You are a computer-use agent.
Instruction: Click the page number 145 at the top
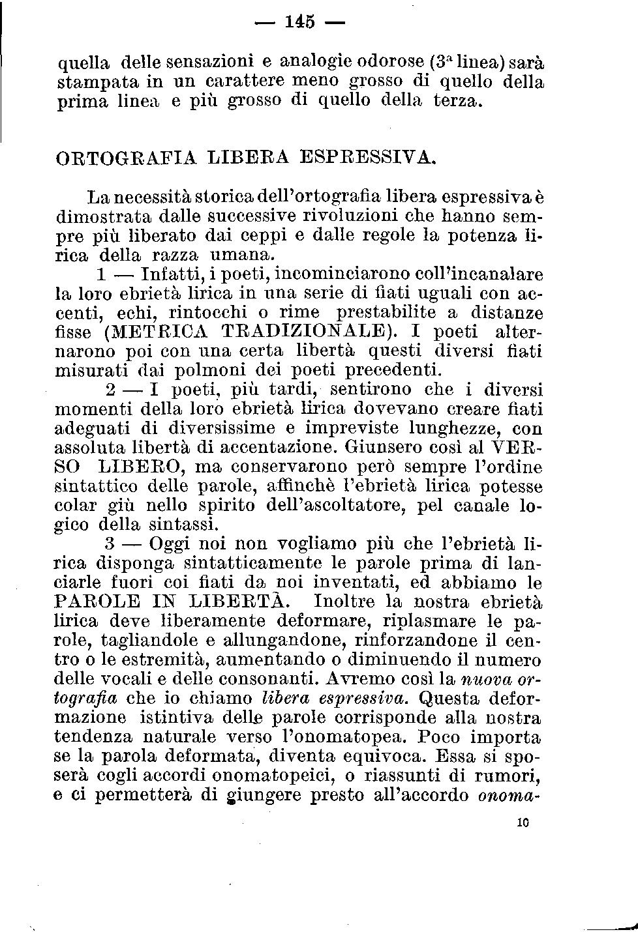coord(300,22)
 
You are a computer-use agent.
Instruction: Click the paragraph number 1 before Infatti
coord(100,274)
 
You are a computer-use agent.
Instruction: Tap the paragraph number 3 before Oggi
coord(110,544)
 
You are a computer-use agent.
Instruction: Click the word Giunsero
coord(386,448)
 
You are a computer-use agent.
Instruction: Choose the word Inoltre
coord(346,601)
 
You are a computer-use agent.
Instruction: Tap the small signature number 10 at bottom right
coord(522,823)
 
